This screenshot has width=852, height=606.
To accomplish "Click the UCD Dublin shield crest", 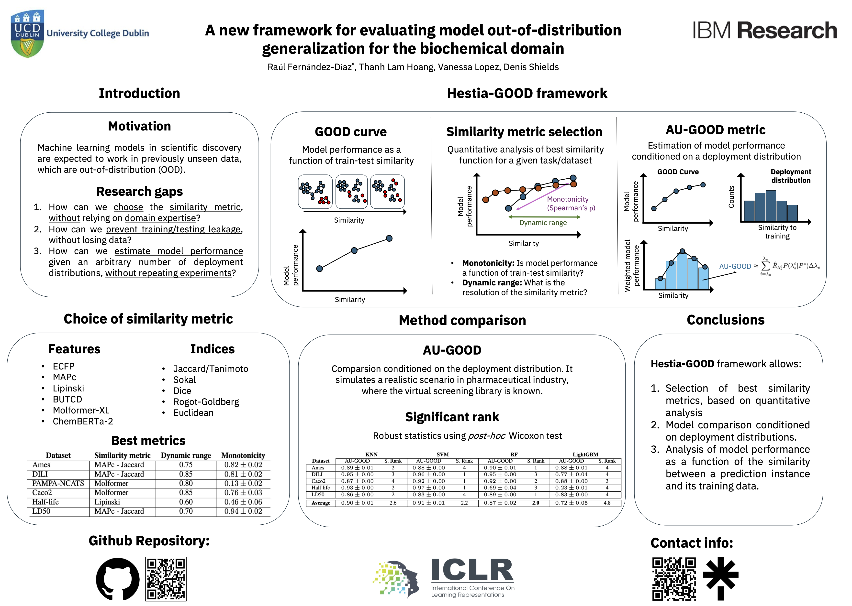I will (x=27, y=33).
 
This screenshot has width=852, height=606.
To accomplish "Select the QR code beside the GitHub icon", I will (x=166, y=579).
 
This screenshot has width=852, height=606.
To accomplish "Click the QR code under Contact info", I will (x=674, y=579).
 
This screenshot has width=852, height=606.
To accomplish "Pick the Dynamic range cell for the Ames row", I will (x=186, y=465).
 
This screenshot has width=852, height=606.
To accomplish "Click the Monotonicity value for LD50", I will (x=243, y=511).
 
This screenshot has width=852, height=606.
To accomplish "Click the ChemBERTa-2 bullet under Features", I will (x=83, y=421).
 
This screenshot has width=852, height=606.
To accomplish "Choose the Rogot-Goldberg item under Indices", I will (x=206, y=402).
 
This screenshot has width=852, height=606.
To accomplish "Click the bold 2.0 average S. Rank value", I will (x=536, y=503).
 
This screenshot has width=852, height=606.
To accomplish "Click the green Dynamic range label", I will (x=543, y=223).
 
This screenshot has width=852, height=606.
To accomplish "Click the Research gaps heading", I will (x=139, y=191).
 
